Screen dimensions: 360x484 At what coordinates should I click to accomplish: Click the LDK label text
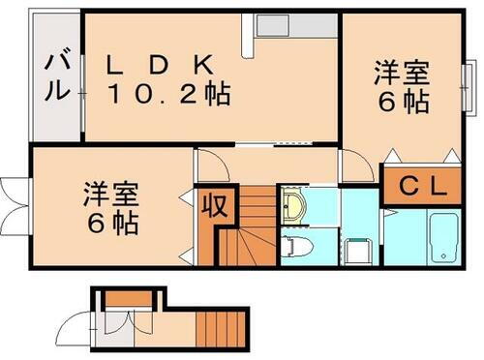[160, 65]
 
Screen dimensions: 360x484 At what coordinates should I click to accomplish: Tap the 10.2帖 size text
[168, 94]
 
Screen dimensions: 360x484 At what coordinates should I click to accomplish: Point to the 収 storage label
[213, 206]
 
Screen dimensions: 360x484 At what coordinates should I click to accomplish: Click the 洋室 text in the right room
[401, 74]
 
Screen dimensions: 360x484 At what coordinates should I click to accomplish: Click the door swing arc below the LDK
[214, 165]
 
